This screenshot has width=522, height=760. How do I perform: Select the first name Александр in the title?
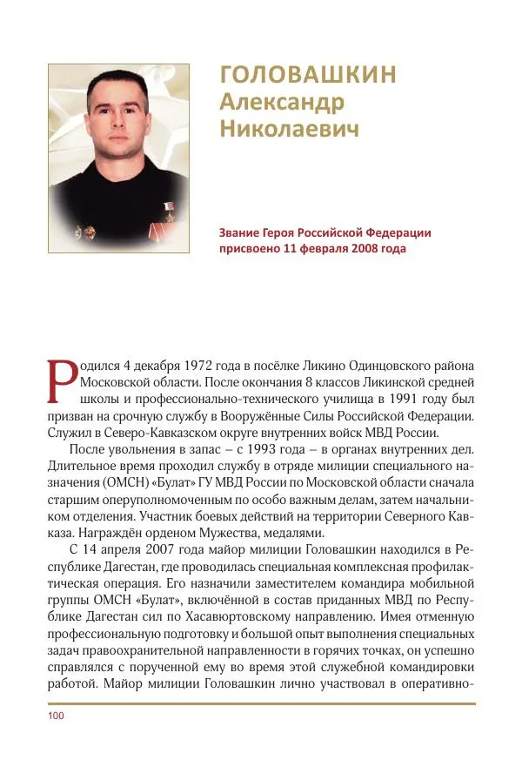point(282,102)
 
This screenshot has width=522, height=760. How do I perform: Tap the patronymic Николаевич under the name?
point(290,129)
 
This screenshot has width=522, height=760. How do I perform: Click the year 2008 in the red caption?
point(361,247)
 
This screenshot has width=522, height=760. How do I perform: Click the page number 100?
point(57,716)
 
